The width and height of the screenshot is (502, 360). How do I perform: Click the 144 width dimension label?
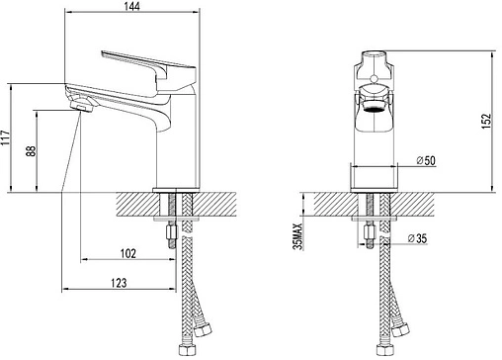tap(132, 6)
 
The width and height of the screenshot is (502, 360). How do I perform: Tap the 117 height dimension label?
tap(6, 137)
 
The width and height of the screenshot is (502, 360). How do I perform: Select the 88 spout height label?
tap(31, 151)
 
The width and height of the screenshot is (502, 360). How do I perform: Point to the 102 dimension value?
tap(127, 253)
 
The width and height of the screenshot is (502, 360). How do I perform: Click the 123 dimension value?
tap(119, 283)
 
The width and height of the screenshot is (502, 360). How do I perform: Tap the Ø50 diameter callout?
tap(426, 160)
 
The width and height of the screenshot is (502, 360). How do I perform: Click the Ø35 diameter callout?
tap(417, 238)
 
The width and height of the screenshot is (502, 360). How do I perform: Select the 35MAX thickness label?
tap(298, 236)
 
